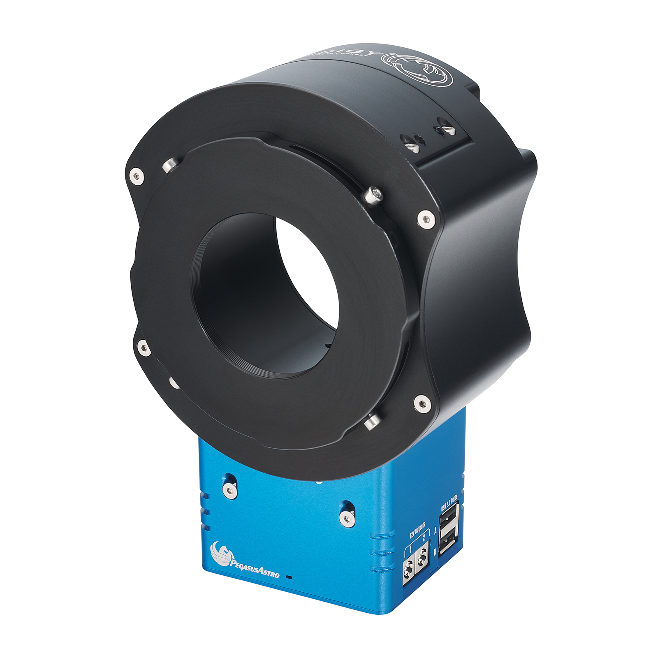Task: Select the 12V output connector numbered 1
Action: coord(408,567)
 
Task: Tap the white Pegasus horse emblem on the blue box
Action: coord(220,553)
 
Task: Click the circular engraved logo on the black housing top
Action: coord(418,70)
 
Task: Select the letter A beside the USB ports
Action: coord(436,531)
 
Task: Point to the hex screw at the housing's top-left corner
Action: coord(137,176)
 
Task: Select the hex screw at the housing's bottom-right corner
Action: coord(422,404)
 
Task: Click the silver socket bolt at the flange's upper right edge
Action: coord(373,194)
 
